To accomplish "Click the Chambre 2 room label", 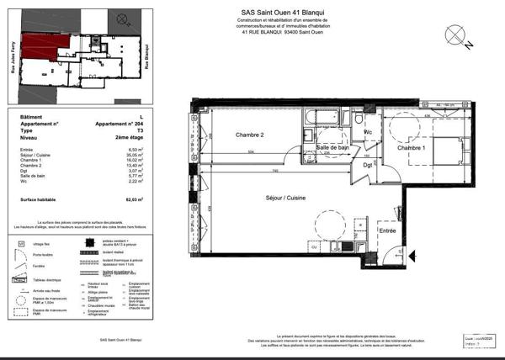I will [226, 135].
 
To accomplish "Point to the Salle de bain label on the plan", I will [333, 148].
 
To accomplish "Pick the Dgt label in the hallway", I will [368, 165].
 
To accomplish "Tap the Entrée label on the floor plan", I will [387, 230].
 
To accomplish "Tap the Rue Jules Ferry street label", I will [13, 59].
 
